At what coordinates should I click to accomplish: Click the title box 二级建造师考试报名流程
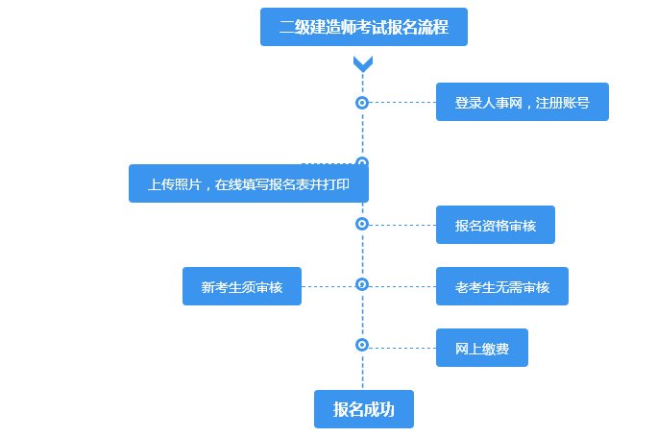pos(363,27)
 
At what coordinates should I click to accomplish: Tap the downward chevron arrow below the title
pos(362,64)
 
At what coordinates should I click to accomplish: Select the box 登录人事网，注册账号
pos(522,102)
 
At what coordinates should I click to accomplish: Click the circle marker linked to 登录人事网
pos(362,102)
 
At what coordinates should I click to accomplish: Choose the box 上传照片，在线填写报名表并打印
pos(248,183)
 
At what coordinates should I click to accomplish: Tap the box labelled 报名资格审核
pos(495,225)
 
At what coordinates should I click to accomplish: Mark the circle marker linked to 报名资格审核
pos(362,224)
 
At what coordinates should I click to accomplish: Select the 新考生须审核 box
pos(241,286)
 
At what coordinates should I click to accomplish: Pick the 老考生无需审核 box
pos(501,286)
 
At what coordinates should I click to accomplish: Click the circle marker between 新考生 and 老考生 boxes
pos(362,284)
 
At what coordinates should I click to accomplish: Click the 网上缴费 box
pos(481,348)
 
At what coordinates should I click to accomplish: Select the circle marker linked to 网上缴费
pos(362,344)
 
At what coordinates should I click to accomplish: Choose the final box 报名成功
pos(363,409)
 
